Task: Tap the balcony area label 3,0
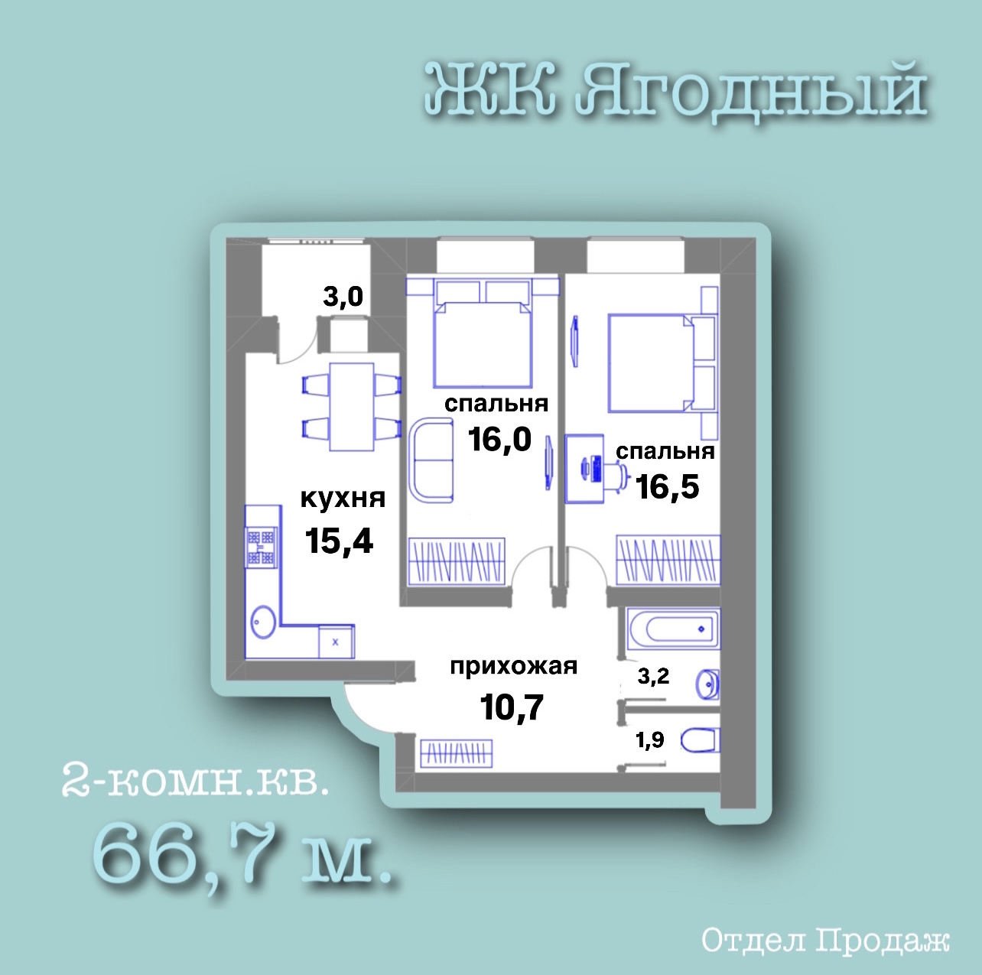(343, 296)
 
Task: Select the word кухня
(343, 498)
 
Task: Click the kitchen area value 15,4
(340, 541)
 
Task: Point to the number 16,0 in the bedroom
(500, 439)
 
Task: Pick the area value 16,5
(668, 486)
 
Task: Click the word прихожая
(514, 667)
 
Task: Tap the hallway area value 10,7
(512, 707)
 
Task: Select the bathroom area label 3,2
(653, 676)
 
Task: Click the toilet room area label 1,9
(650, 739)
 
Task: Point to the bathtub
(673, 629)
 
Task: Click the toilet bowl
(701, 740)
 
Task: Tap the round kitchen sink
(263, 622)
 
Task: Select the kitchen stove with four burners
(262, 548)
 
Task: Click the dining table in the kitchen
(352, 407)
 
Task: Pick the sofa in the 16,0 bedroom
(431, 461)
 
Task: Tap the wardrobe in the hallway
(456, 753)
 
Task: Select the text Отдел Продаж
(825, 941)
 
